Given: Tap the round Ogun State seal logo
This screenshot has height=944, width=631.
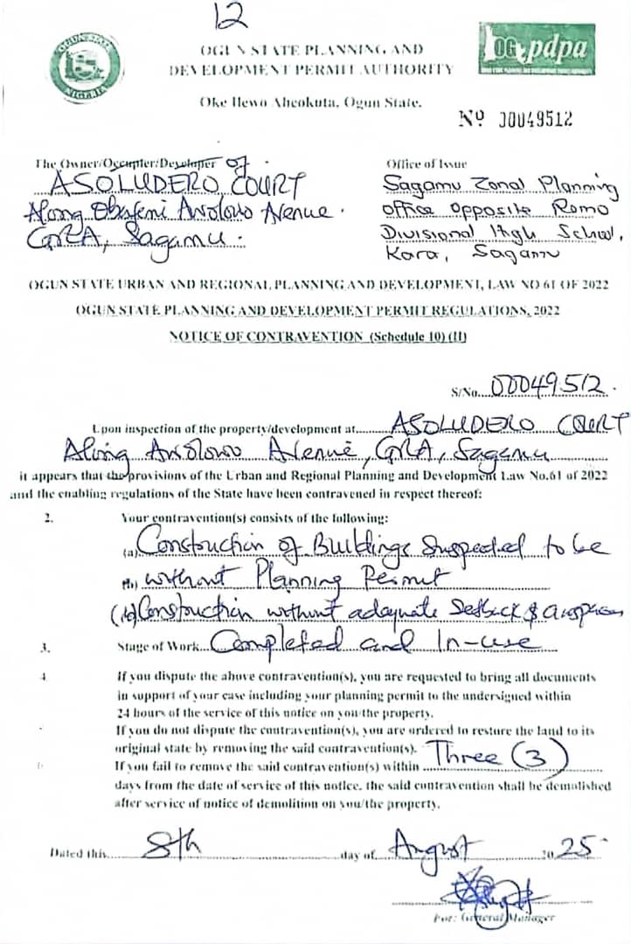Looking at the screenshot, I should click(x=86, y=65).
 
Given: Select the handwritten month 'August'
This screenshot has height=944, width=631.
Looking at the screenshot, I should click(x=434, y=845).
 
